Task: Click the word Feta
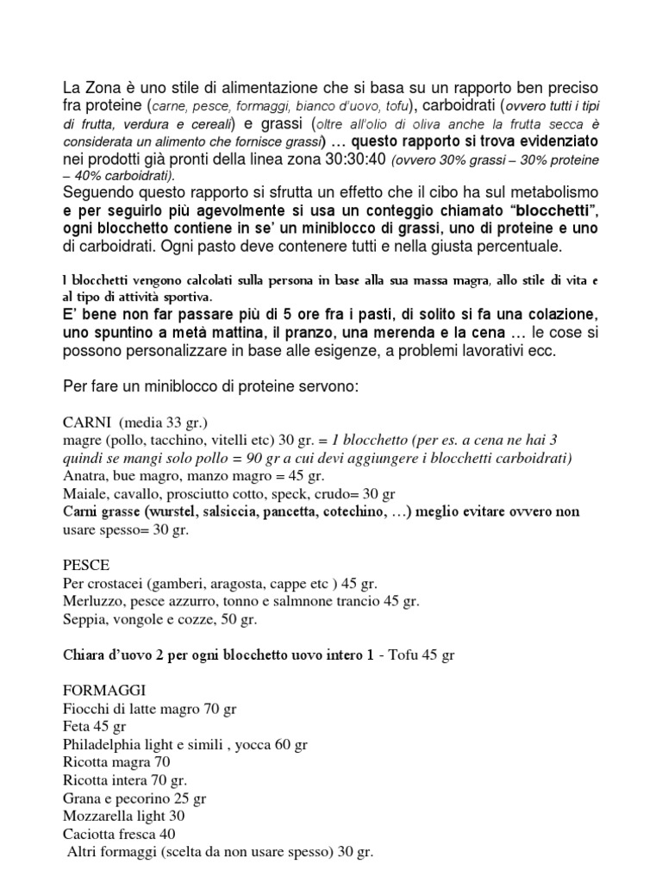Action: [x=78, y=726]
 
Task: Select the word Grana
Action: [x=84, y=797]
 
